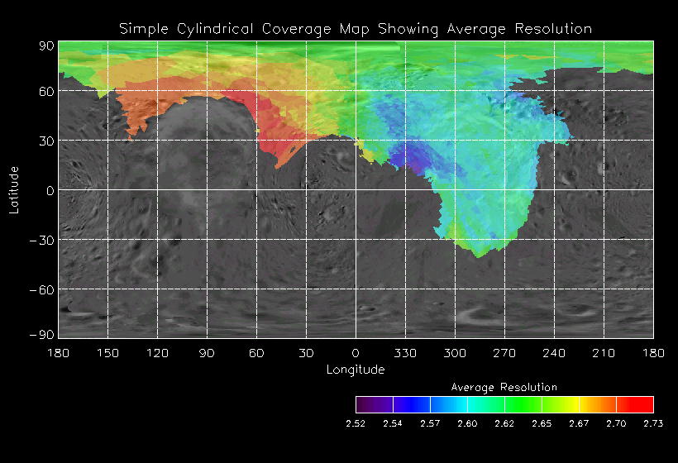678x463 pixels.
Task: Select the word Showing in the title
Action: tap(409, 29)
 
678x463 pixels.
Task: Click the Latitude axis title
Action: tap(13, 189)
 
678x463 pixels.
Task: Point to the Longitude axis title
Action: tap(356, 370)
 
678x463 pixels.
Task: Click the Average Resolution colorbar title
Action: tap(504, 387)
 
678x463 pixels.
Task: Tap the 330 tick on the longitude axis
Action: tap(405, 353)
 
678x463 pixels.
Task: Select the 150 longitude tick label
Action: tap(107, 353)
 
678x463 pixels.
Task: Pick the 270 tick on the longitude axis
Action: tap(504, 353)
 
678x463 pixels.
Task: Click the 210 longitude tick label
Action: tap(604, 353)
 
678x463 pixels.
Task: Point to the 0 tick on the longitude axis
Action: tap(356, 353)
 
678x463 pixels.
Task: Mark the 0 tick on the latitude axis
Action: tap(50, 190)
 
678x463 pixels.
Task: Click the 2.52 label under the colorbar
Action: tap(356, 423)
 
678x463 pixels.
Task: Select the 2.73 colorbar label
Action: tap(653, 423)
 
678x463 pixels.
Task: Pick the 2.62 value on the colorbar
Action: tap(504, 423)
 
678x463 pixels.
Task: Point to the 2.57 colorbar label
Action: tap(430, 423)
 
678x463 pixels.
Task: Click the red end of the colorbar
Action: tap(644, 404)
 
